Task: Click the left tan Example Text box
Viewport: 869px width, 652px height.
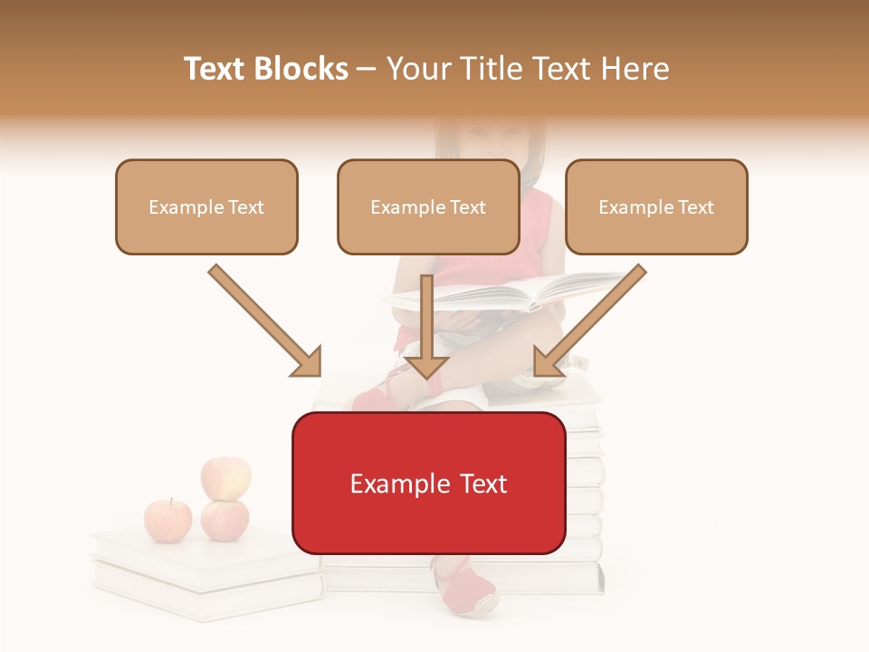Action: coord(206,206)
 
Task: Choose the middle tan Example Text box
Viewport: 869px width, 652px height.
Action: coord(428,206)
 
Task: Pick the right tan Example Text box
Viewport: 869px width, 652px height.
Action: coord(656,206)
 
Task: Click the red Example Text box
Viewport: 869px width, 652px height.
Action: coord(428,483)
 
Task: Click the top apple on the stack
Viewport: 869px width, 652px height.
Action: coord(225,477)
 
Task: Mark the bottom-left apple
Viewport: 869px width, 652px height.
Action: coord(168,520)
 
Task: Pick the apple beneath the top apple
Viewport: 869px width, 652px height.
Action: coord(224,519)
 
